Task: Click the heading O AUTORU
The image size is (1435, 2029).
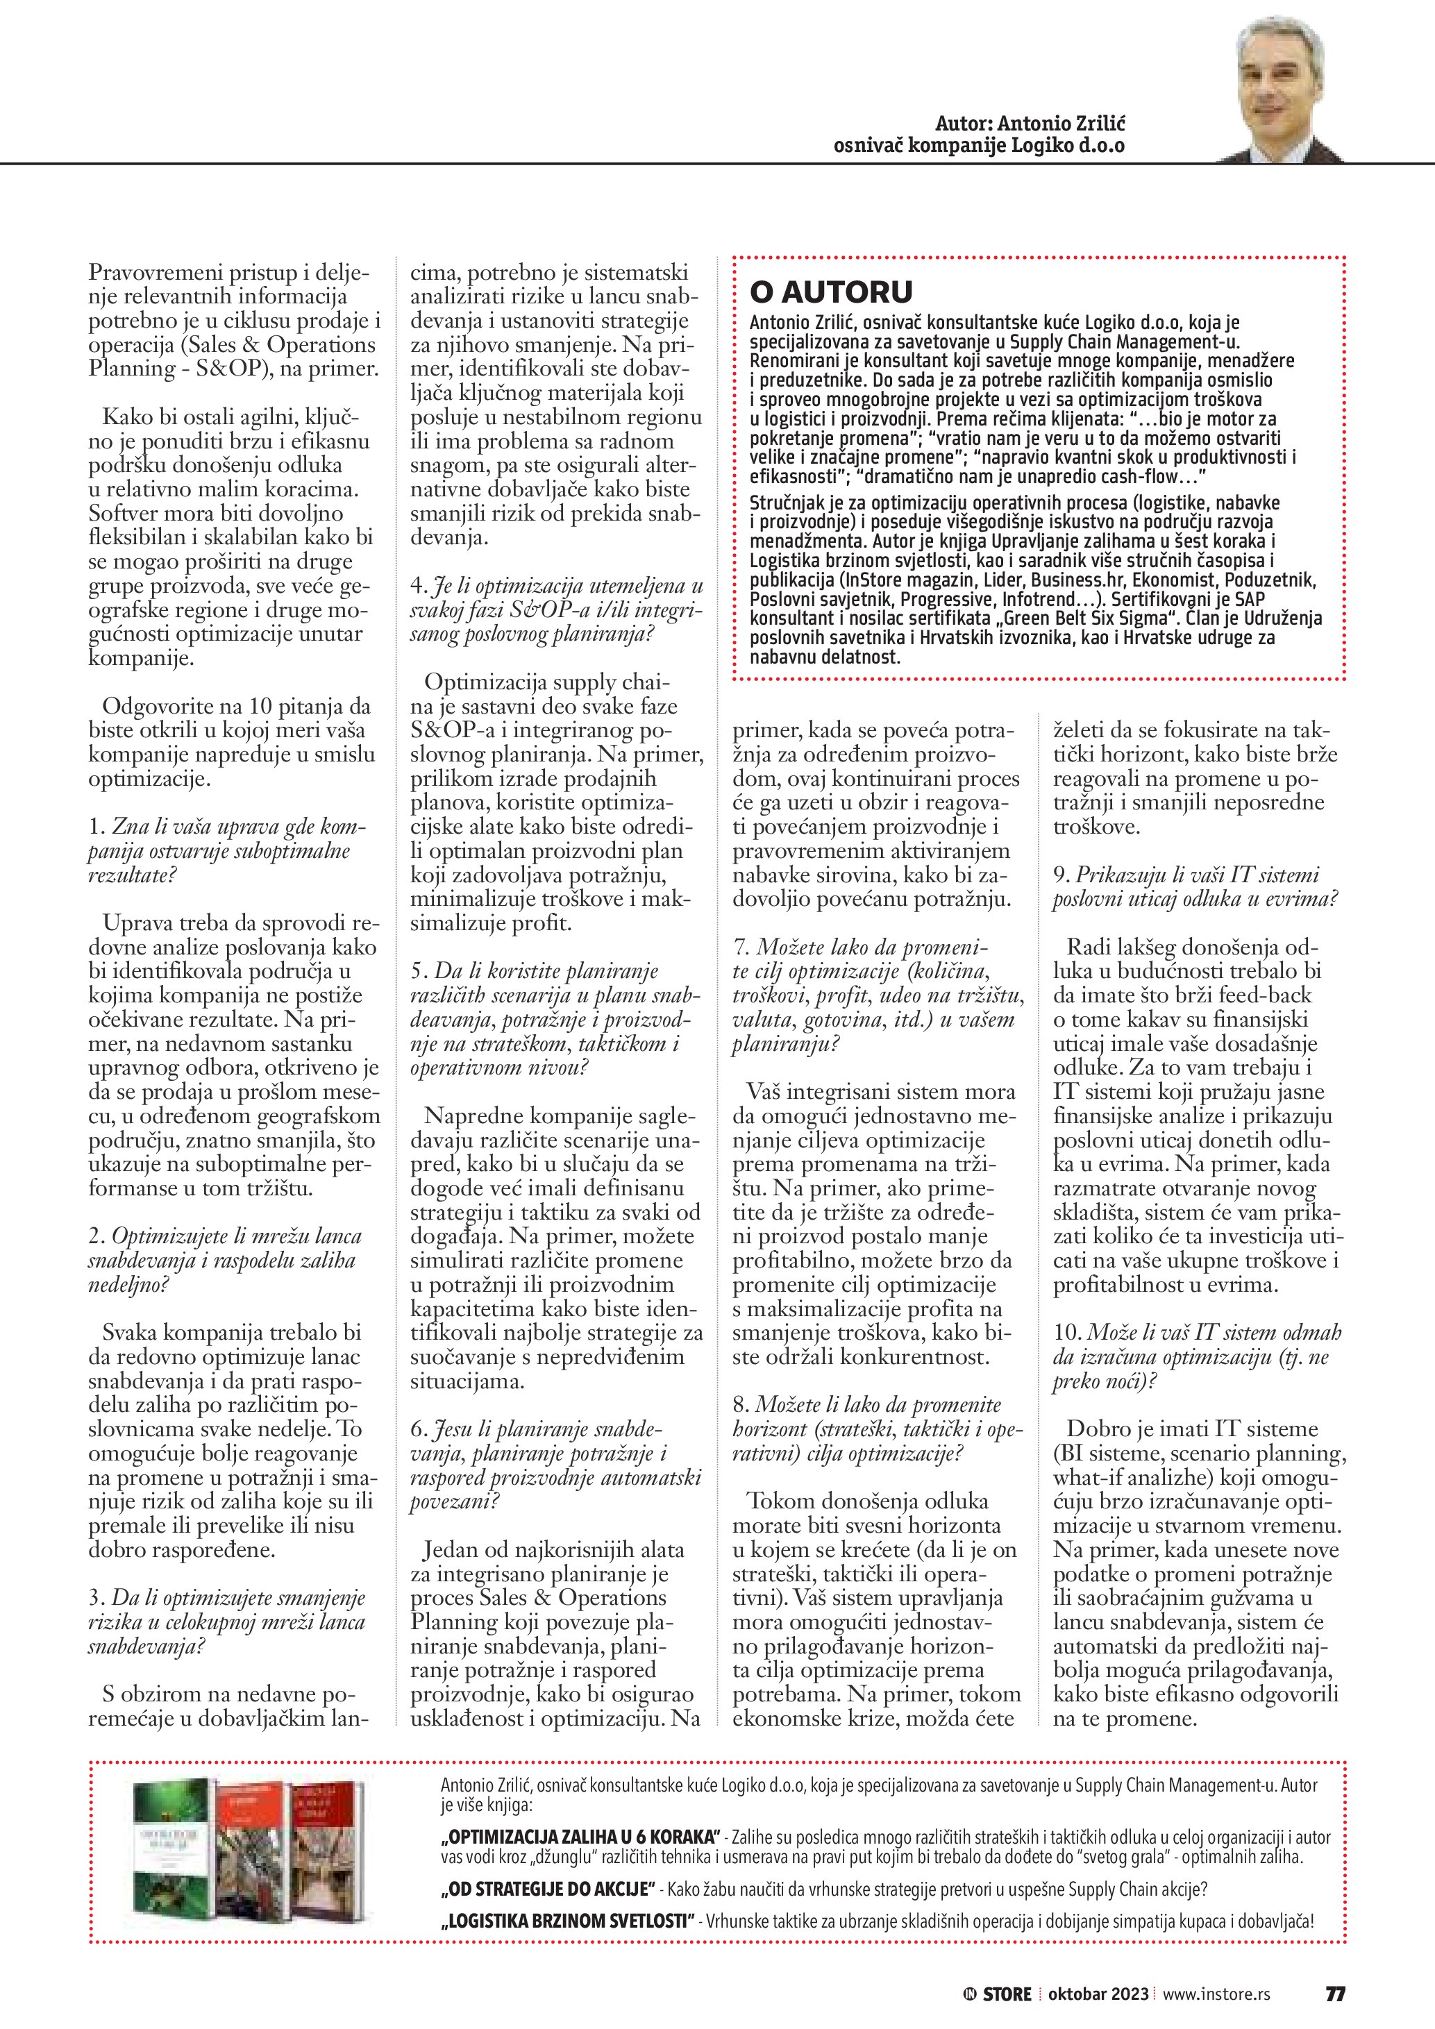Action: point(830,292)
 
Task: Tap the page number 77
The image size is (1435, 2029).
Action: point(1335,1994)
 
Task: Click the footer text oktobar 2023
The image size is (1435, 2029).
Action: point(1098,1994)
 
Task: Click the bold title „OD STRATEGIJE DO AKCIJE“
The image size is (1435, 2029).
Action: point(548,1889)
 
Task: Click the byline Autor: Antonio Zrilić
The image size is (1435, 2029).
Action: point(1030,124)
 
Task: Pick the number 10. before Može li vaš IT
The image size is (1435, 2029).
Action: point(1066,1333)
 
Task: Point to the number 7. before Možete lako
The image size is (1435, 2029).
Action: point(741,948)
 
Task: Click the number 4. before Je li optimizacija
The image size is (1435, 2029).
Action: point(418,586)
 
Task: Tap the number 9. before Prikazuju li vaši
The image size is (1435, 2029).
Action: point(1060,875)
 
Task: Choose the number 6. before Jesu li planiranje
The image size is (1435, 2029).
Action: point(418,1429)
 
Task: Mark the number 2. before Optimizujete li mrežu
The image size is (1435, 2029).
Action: point(97,1236)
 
